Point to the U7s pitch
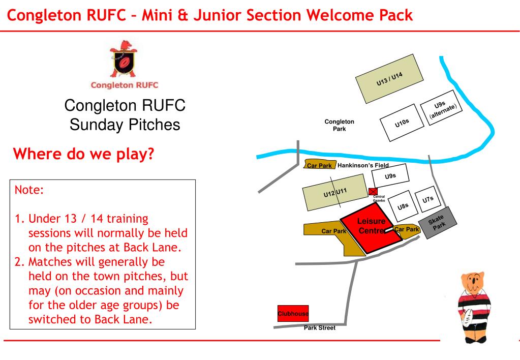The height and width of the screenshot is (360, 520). click(428, 199)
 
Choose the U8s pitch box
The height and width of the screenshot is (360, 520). click(403, 206)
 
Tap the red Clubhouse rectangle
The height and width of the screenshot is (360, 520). click(293, 314)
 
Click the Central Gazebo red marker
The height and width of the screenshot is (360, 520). click(373, 191)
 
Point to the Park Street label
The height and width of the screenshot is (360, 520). click(319, 328)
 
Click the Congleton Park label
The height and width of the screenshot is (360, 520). click(339, 125)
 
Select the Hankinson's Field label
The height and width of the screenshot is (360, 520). click(363, 165)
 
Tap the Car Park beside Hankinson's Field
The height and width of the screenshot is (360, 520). click(320, 165)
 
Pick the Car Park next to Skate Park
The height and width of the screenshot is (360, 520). click(406, 230)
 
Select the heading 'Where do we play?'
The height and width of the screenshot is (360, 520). click(83, 154)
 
